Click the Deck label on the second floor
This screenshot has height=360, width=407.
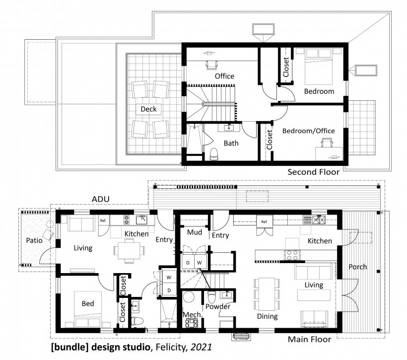coord(148,109)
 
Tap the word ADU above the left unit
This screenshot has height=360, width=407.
coord(101,200)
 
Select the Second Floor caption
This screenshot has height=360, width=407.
coord(314,172)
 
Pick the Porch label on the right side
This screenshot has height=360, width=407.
coord(358,267)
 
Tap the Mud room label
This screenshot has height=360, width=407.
coord(193,232)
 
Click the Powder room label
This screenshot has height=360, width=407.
coord(218,307)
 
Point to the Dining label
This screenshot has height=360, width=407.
coord(267,316)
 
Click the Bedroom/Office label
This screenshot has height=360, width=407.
coord(308,131)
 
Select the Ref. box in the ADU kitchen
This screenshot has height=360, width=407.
coord(103,220)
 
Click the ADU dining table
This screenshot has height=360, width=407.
coord(129,249)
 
